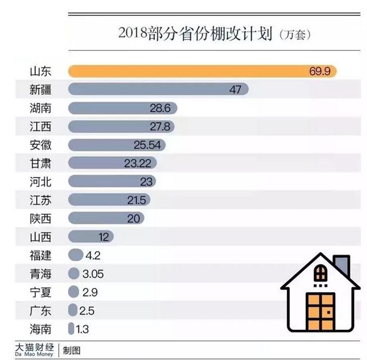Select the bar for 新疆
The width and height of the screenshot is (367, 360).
(153, 90)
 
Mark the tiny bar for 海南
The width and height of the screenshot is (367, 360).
(71, 328)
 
